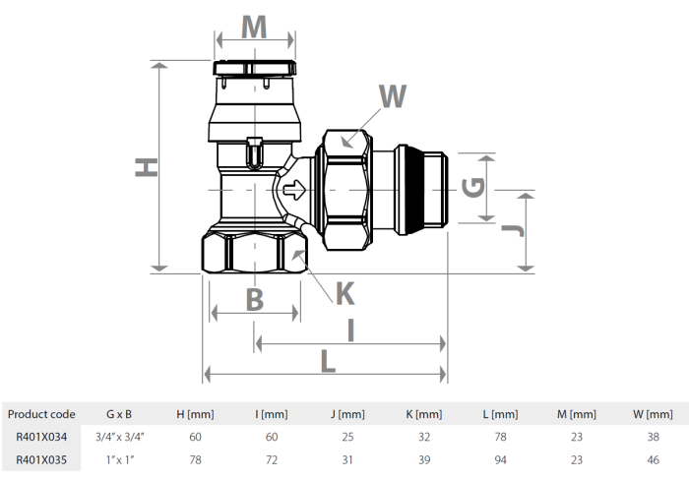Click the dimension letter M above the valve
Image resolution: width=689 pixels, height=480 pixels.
pyautogui.click(x=254, y=27)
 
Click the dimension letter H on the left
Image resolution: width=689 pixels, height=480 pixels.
pyautogui.click(x=146, y=168)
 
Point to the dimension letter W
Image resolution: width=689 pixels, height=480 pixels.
pyautogui.click(x=393, y=96)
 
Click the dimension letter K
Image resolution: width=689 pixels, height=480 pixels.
pyautogui.click(x=344, y=292)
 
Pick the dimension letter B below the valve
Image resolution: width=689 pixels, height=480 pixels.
pyautogui.click(x=254, y=299)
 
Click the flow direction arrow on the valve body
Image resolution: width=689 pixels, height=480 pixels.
pyautogui.click(x=292, y=187)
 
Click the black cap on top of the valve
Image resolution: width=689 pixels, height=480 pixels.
pyautogui.click(x=254, y=70)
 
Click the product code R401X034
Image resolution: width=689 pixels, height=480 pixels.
pyautogui.click(x=40, y=437)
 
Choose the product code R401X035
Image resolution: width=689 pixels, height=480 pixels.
pyautogui.click(x=40, y=459)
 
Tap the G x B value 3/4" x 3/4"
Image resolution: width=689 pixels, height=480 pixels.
pyautogui.click(x=118, y=437)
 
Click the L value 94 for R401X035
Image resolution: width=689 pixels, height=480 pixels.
pyautogui.click(x=501, y=459)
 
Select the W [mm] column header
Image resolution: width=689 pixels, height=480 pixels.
pyautogui.click(x=652, y=414)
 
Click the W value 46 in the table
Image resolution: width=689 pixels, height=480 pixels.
pyautogui.click(x=652, y=459)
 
